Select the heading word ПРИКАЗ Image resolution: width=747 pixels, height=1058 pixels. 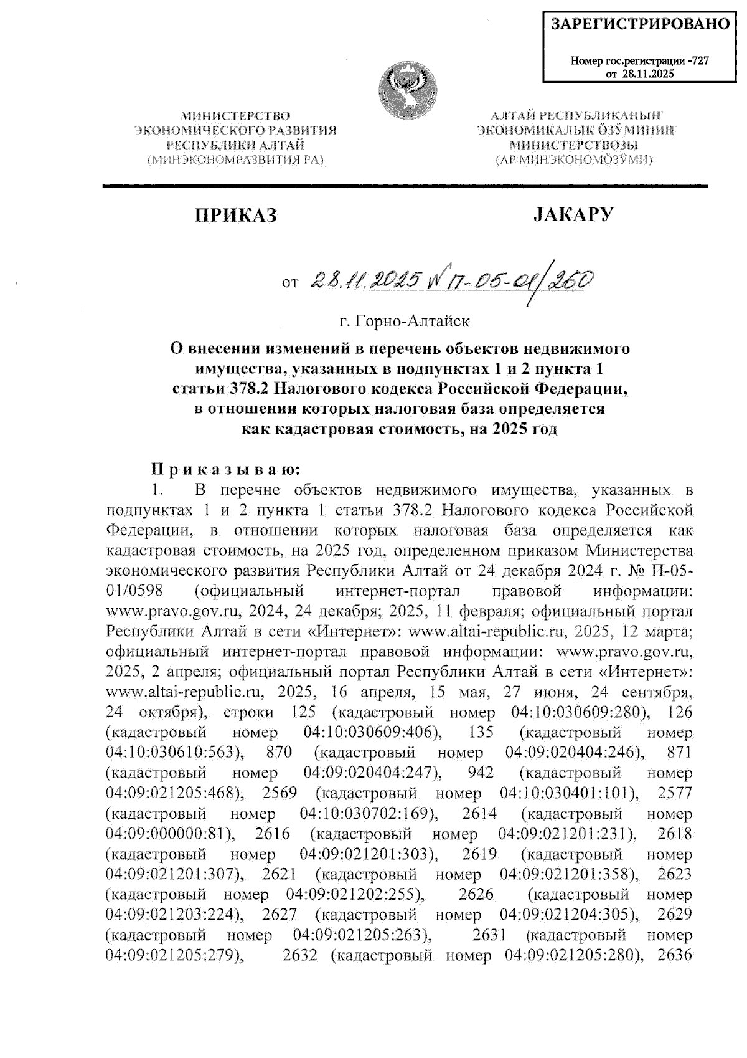(235, 215)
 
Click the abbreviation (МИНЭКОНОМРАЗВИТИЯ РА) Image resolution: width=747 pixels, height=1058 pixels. (235, 160)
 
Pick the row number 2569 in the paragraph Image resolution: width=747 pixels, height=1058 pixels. (280, 793)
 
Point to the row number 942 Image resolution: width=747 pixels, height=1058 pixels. (480, 773)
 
